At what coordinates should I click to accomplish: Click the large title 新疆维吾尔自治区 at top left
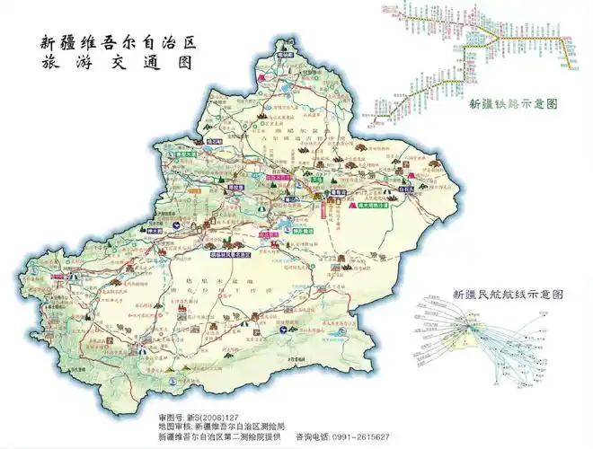tap(118, 41)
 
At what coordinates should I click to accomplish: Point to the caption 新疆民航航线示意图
tap(508, 295)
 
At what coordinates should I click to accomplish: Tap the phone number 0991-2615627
tap(358, 436)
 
